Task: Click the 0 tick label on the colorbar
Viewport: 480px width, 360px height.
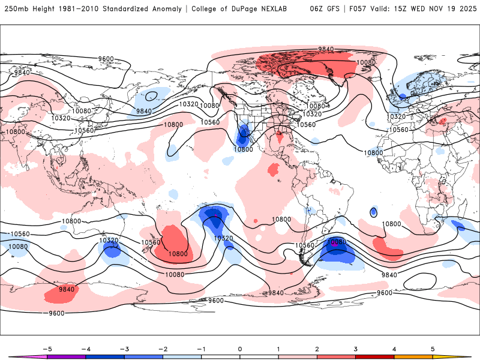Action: pos(239,348)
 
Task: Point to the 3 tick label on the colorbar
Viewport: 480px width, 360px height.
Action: pos(356,348)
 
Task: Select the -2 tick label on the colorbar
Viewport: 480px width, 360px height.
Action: pos(162,348)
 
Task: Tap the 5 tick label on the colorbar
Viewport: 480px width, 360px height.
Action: pos(433,348)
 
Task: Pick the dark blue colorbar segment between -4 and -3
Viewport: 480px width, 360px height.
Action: pos(104,357)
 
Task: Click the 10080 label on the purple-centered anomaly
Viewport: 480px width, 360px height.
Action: pos(338,242)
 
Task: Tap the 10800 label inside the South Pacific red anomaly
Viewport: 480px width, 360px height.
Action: pos(178,254)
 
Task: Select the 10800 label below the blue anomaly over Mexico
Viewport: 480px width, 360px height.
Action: pos(244,149)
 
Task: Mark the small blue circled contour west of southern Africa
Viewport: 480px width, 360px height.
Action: pos(374,212)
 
